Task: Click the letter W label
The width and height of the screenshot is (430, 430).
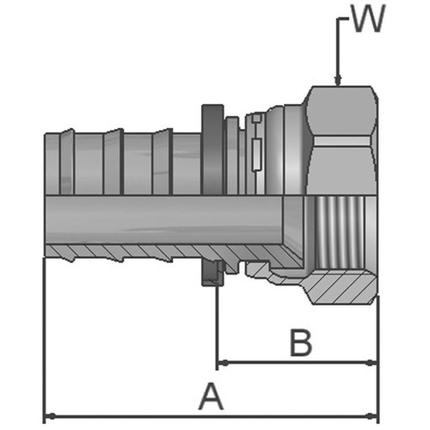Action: pyautogui.click(x=368, y=18)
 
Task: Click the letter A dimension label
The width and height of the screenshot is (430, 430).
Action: pyautogui.click(x=211, y=396)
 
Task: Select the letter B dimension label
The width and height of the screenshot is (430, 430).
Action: pyautogui.click(x=301, y=343)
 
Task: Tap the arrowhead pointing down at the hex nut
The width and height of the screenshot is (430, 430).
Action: pyautogui.click(x=338, y=81)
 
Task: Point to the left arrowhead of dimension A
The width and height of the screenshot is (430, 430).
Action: pyautogui.click(x=51, y=415)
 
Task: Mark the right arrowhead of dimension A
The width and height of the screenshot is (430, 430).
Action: pyautogui.click(x=372, y=415)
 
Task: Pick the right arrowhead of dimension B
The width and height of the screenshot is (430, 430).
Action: pyautogui.click(x=372, y=363)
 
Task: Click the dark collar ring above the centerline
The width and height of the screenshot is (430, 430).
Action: pyautogui.click(x=212, y=150)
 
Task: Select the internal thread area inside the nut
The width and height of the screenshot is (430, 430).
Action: pyautogui.click(x=339, y=232)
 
